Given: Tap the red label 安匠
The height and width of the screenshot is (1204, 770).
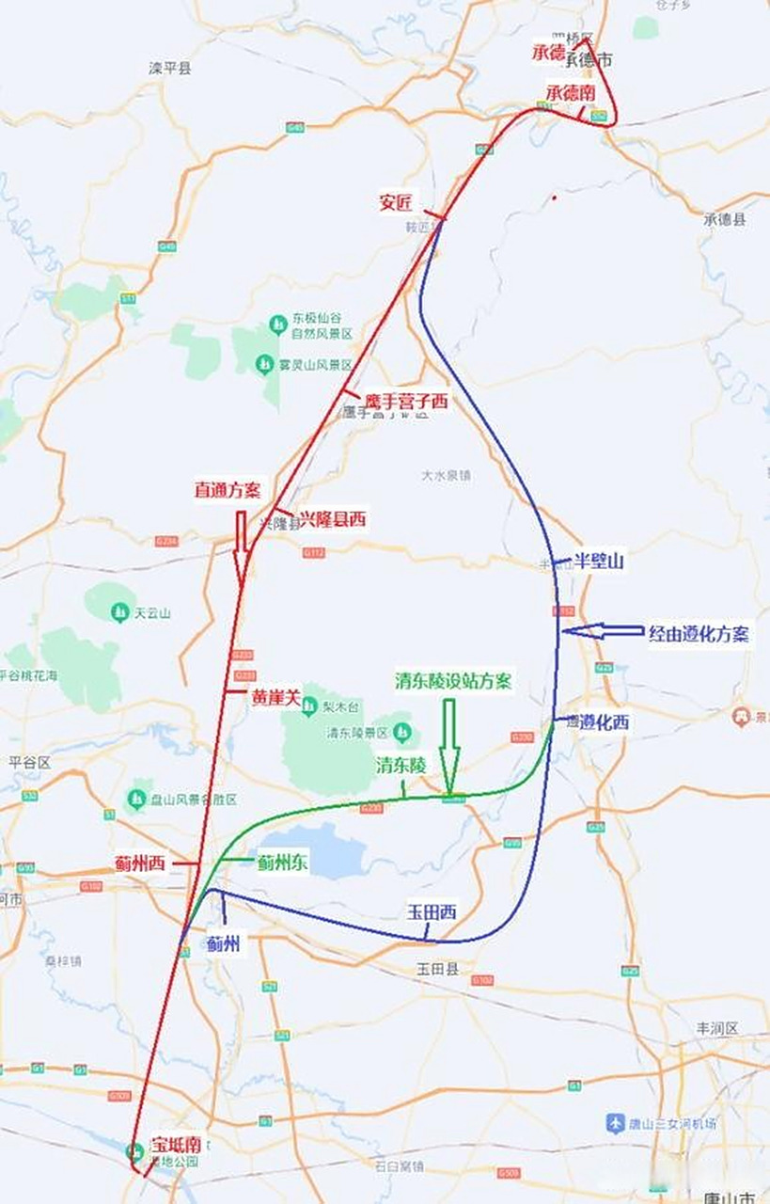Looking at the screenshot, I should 396,202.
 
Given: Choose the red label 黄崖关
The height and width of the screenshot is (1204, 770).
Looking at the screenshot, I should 275,698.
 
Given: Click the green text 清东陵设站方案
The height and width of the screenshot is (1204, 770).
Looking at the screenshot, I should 454,682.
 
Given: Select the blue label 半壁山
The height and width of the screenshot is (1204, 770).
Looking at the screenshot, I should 600,562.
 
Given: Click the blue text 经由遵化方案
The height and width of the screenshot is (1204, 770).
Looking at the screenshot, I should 699,634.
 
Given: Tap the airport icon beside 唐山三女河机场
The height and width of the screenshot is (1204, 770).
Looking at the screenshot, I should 615,1124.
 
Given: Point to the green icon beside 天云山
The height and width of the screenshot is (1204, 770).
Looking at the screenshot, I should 119,612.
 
